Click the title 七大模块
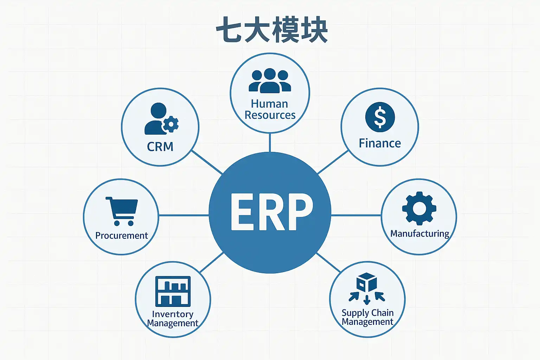coord(272,30)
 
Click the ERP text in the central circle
coord(271,212)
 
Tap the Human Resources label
coord(270,109)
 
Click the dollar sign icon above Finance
coord(380,117)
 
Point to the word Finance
coord(380,143)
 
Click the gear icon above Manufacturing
coord(419,208)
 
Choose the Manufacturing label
coord(420,234)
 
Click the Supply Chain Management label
coord(367,317)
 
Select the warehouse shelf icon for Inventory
coord(173,291)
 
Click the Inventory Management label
coord(173,319)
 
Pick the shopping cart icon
coord(122,211)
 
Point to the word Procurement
coord(122,236)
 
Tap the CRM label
coord(160,147)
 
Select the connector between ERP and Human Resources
coord(270,142)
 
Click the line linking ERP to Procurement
coord(184,215)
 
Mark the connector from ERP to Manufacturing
coord(356,215)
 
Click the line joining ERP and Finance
coord(333,162)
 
